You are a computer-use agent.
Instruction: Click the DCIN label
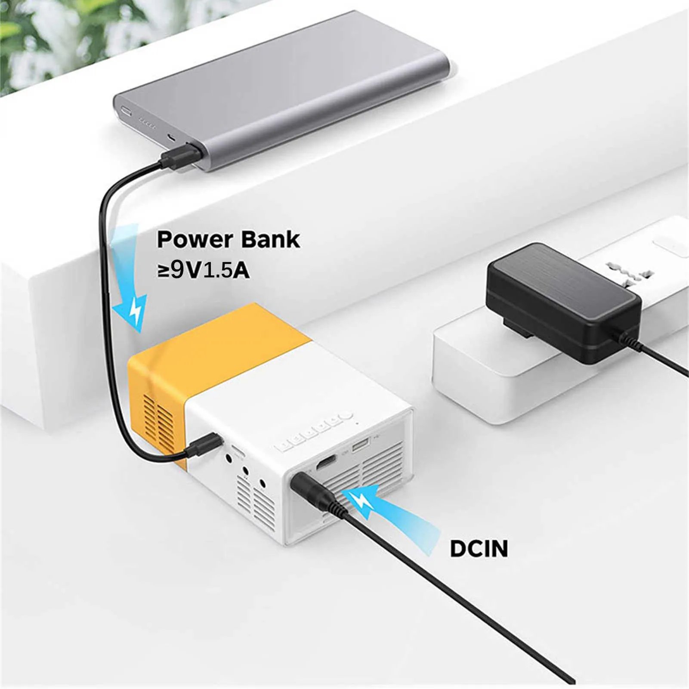pyautogui.click(x=479, y=549)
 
